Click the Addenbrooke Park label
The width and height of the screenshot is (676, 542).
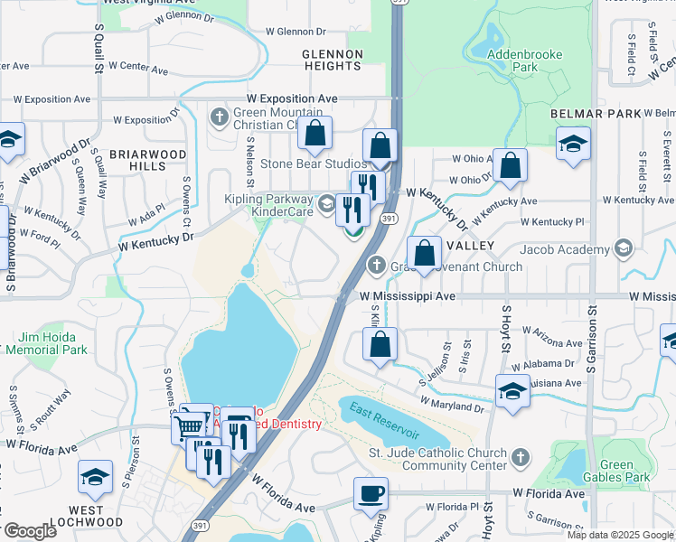[524, 61]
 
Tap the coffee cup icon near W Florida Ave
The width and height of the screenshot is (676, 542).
[371, 494]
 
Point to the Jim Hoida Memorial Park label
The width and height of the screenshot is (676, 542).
[51, 342]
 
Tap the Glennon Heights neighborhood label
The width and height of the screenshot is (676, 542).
[333, 60]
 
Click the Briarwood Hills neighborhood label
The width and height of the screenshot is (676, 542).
[149, 160]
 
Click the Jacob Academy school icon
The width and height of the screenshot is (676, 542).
[622, 248]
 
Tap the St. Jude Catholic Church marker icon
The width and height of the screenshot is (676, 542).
[519, 458]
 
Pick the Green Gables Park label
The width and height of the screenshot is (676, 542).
[625, 471]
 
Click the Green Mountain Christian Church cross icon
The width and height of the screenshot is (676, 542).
[218, 116]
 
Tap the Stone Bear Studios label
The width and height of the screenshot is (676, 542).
[314, 164]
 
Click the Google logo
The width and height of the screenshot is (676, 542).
[29, 531]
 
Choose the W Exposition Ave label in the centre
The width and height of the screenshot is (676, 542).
[290, 98]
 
